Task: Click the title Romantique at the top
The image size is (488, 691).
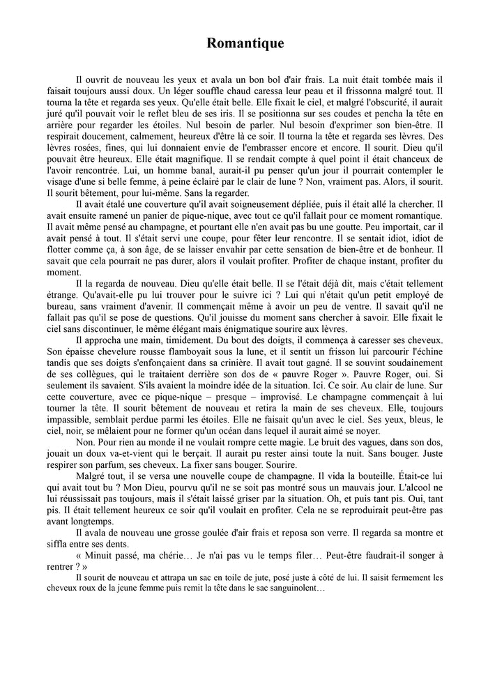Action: tap(245, 44)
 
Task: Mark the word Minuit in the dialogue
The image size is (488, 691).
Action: tap(100, 556)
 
